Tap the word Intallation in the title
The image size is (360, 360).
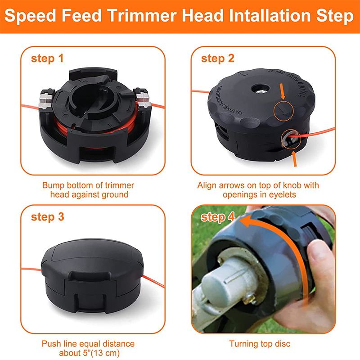[x=257, y=17]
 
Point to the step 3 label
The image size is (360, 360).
[x=47, y=217]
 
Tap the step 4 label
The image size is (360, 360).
[x=218, y=217]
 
